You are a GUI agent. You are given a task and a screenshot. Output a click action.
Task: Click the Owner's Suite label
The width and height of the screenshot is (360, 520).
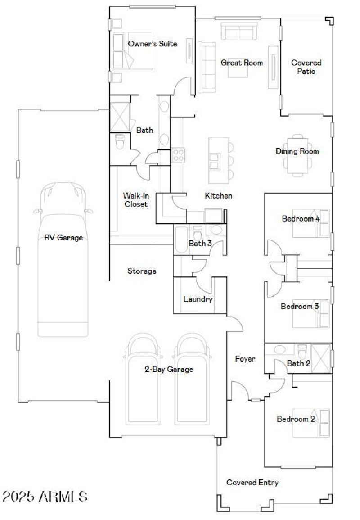tap(152, 44)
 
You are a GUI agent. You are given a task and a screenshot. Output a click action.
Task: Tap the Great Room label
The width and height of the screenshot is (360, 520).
tap(242, 63)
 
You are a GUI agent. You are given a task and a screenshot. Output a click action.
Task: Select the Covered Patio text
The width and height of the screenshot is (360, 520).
tap(306, 67)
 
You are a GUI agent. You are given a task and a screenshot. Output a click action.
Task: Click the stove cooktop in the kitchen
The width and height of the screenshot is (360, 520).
tap(178, 155)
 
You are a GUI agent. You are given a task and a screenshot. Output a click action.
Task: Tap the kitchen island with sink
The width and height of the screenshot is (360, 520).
tap(215, 158)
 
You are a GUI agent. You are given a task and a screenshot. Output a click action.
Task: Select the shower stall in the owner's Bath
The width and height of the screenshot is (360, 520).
tap(120, 117)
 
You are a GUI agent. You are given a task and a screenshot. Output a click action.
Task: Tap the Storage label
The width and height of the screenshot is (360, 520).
tap(142, 271)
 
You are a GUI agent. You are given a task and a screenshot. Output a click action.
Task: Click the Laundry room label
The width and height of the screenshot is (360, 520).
tap(198, 299)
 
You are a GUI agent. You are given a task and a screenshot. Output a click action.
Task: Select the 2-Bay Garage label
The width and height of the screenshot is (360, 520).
tap(169, 370)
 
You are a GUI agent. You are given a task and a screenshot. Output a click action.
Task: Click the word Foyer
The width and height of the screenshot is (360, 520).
tap(245, 359)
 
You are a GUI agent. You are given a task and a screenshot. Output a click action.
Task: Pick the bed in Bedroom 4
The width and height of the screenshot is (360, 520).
tap(311, 223)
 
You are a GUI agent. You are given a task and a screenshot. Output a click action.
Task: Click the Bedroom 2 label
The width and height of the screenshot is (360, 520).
tap(296, 419)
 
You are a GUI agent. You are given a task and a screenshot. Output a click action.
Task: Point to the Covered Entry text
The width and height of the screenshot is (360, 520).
tap(252, 483)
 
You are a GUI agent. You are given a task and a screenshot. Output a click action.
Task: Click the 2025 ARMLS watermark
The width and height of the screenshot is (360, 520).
tap(45, 497)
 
